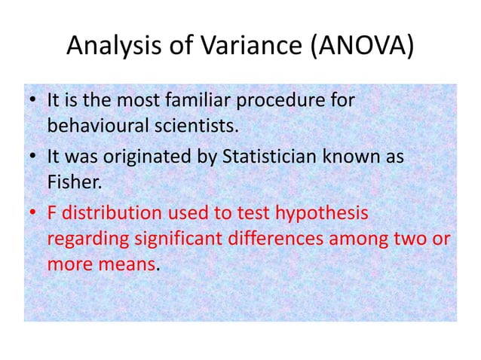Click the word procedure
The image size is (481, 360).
point(287,100)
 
